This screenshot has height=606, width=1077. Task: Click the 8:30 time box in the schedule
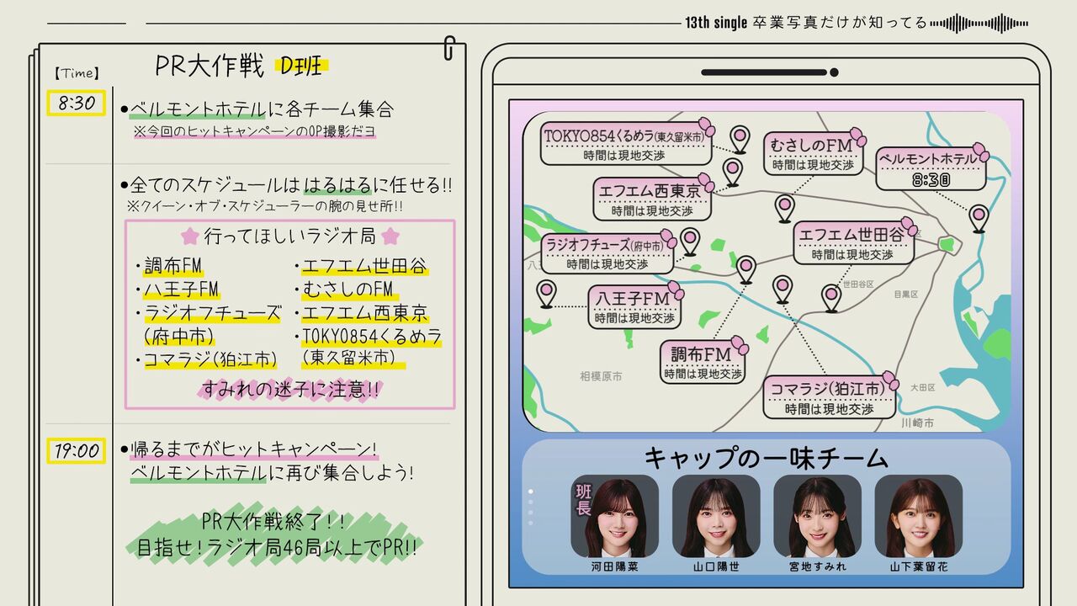pyautogui.click(x=76, y=103)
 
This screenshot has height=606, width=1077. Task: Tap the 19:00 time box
pyautogui.click(x=76, y=450)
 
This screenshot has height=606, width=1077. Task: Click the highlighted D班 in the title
pyautogui.click(x=301, y=66)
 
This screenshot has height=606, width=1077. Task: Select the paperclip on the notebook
pyautogui.click(x=449, y=48)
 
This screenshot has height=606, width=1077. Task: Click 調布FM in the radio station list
pyautogui.click(x=173, y=265)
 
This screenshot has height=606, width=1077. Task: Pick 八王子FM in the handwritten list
pyautogui.click(x=181, y=289)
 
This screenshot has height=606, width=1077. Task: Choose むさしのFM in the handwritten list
pyautogui.click(x=348, y=289)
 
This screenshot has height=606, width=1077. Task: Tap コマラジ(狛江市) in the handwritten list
pyautogui.click(x=210, y=359)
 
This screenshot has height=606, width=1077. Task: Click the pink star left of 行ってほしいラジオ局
pyautogui.click(x=190, y=237)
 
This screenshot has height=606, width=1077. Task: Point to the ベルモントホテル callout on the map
pyautogui.click(x=931, y=168)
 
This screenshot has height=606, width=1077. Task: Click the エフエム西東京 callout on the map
pyautogui.click(x=652, y=199)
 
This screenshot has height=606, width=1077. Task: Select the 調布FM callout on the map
pyautogui.click(x=703, y=362)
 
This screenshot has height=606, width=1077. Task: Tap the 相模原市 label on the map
pyautogui.click(x=601, y=376)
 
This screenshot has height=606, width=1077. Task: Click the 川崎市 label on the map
pyautogui.click(x=917, y=423)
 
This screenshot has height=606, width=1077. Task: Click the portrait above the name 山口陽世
pyautogui.click(x=716, y=516)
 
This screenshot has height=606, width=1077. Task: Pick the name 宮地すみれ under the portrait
pyautogui.click(x=817, y=567)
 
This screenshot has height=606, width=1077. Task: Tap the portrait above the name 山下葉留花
pyautogui.click(x=918, y=516)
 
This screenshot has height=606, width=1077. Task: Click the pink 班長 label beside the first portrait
pyautogui.click(x=583, y=499)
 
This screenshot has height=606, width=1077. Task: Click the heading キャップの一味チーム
pyautogui.click(x=767, y=457)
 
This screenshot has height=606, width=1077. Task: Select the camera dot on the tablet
pyautogui.click(x=834, y=72)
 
